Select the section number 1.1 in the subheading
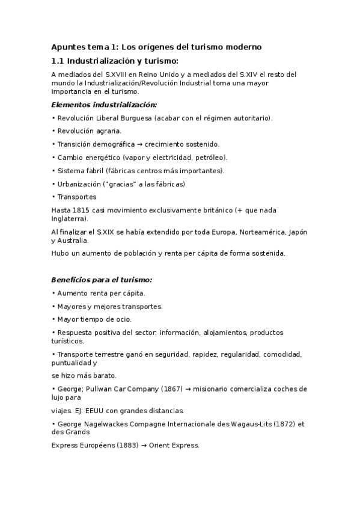(58, 60)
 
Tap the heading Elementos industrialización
(104, 104)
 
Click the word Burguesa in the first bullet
(131, 118)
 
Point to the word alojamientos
(225, 332)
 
